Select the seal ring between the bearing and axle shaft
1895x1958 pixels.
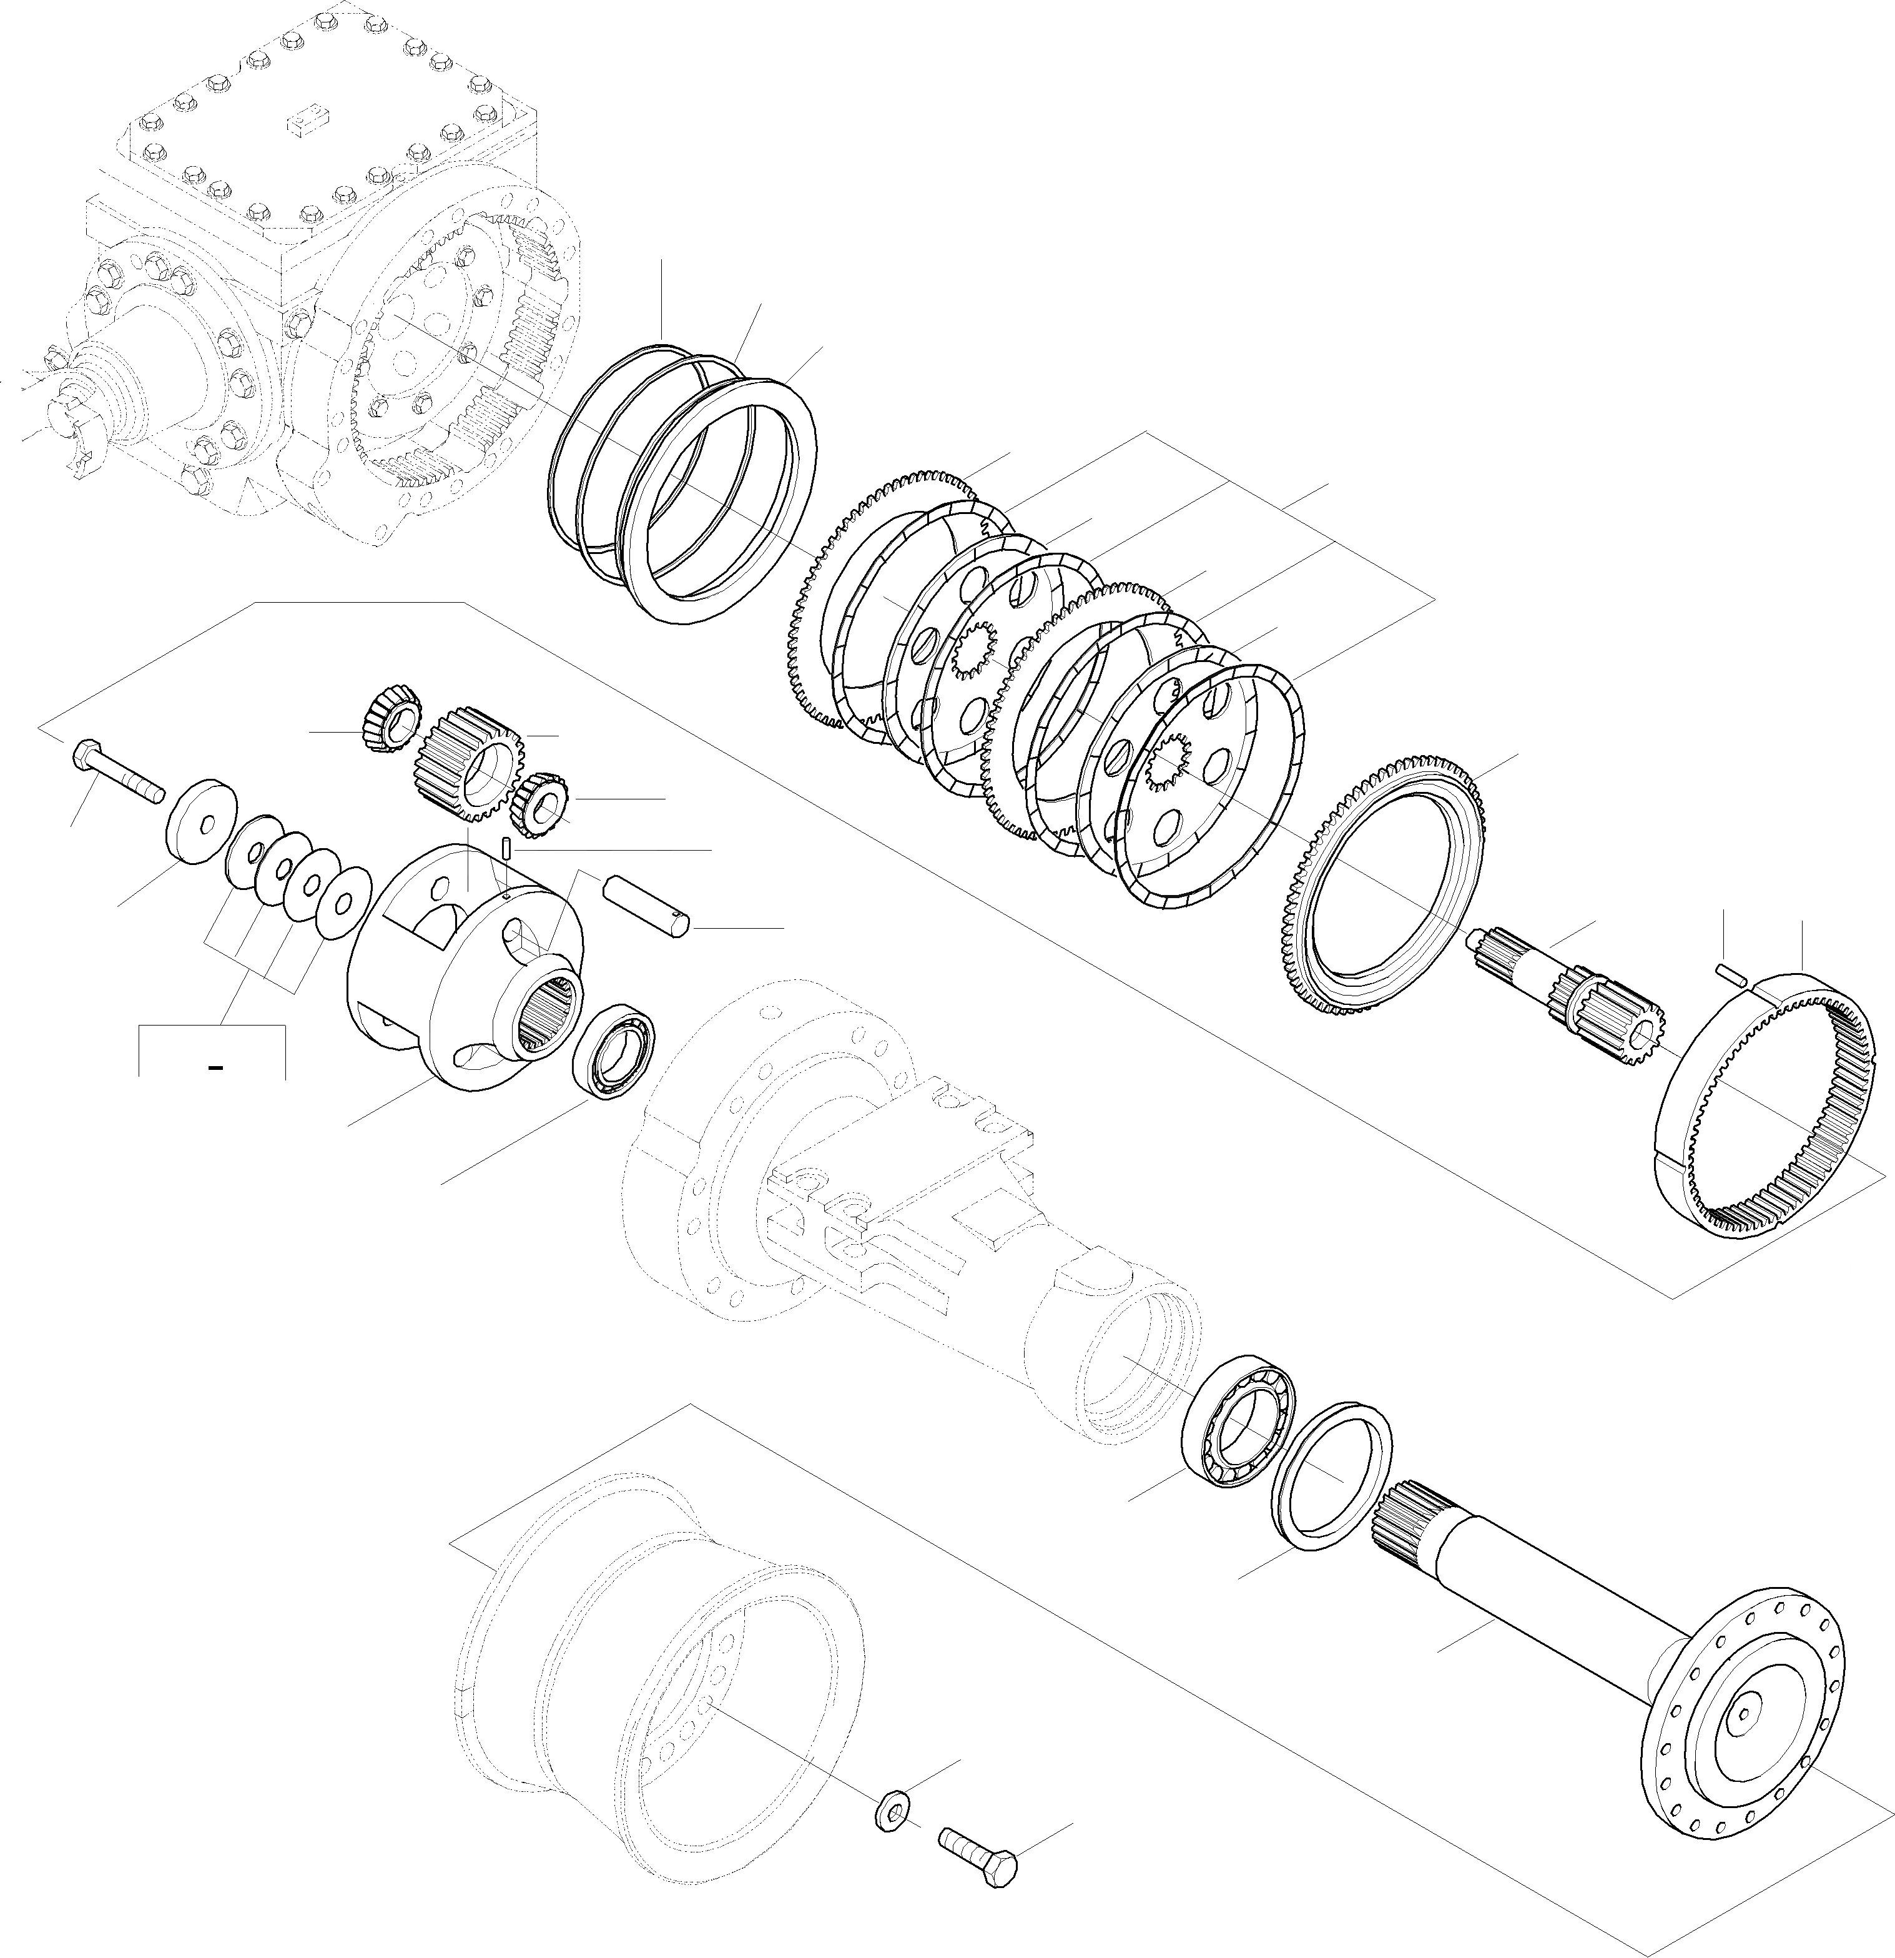pyautogui.click(x=1334, y=1478)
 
